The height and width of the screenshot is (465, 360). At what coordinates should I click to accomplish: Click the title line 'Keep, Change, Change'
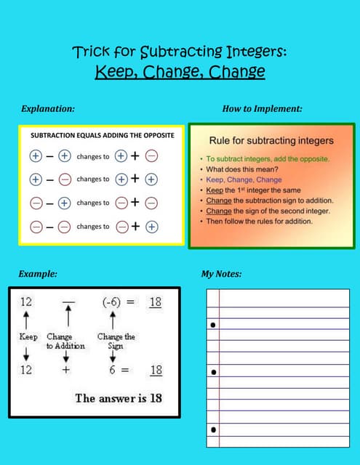tap(180, 73)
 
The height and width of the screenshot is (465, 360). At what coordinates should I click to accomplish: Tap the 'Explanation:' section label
tap(48, 108)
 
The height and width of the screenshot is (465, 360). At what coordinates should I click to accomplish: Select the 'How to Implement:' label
tap(262, 108)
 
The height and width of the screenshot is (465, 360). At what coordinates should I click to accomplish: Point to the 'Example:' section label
tap(38, 274)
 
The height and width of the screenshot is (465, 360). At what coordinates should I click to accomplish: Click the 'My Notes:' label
tap(221, 274)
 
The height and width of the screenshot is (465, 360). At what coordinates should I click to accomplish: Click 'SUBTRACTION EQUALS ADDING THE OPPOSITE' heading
tap(102, 136)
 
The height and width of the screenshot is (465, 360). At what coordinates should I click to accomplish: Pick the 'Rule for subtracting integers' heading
tap(271, 139)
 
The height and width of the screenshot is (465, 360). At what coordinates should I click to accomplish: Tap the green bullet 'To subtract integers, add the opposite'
tap(268, 158)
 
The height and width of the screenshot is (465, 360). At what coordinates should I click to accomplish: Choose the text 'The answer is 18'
tap(119, 397)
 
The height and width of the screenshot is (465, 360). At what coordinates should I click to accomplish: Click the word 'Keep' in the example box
tap(28, 337)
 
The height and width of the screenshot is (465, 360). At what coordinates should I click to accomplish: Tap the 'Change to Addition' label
tap(65, 341)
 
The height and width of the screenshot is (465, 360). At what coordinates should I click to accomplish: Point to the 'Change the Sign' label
tap(116, 341)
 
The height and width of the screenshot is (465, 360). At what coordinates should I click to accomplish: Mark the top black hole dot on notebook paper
tap(213, 325)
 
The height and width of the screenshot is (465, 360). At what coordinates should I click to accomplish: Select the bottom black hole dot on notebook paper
tap(213, 430)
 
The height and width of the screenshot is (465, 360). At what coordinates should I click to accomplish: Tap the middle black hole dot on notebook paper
tap(213, 373)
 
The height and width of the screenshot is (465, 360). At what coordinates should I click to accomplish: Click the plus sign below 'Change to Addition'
tap(65, 370)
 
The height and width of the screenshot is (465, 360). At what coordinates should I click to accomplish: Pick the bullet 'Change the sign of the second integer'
tap(268, 211)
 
